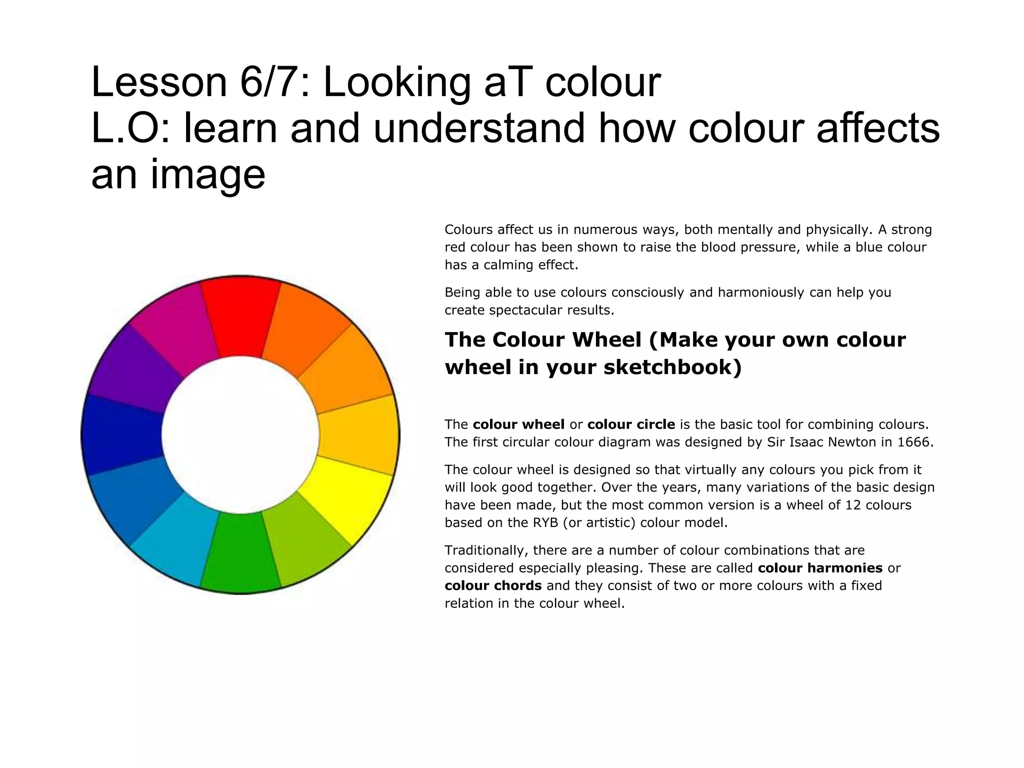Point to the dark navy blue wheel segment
click(122, 434)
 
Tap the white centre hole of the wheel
click(240, 434)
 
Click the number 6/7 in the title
click(270, 82)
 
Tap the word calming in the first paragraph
click(504, 265)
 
